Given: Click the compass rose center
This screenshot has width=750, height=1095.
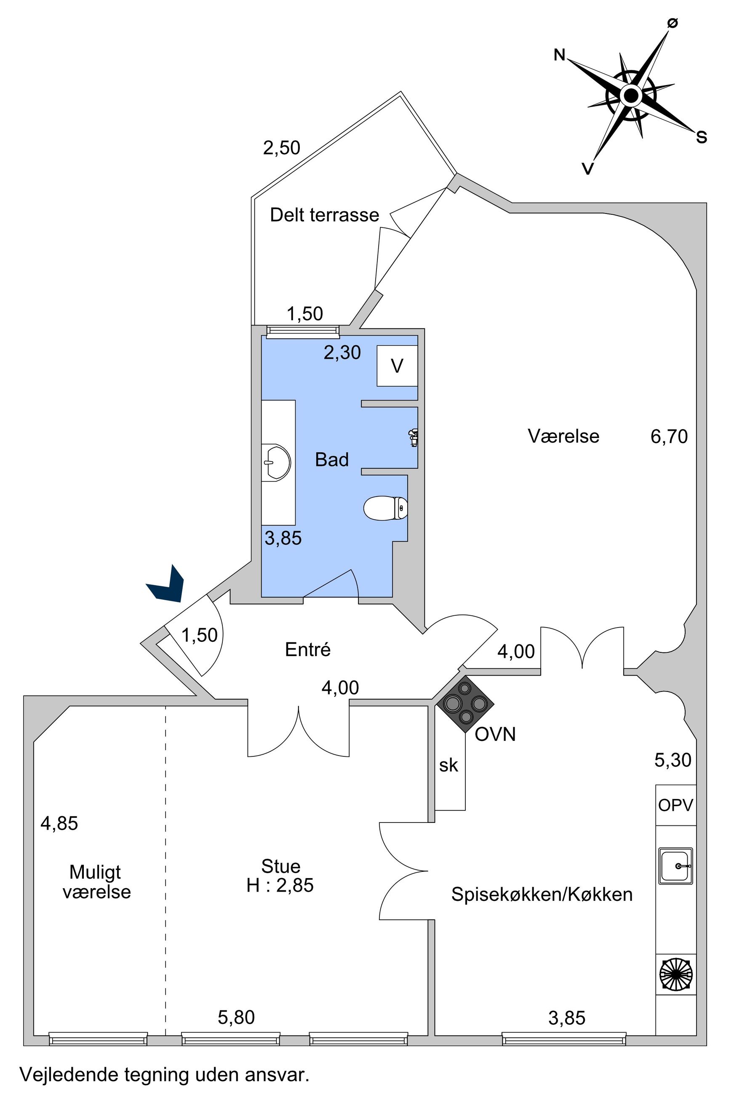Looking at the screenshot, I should pos(630,96).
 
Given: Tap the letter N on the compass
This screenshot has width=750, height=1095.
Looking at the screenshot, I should pos(559,56).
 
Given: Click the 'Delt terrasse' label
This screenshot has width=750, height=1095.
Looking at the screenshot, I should pos(324,215).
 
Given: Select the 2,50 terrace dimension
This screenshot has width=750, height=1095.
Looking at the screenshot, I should pos(281,148).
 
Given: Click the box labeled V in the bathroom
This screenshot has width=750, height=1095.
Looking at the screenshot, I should pos(397,366).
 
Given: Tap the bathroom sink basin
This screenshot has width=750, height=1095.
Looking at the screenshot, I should pos(277,462).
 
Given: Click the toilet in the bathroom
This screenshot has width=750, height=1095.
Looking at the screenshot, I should pos(385,508).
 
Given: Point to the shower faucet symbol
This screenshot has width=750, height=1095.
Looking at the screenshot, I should pos(413,437).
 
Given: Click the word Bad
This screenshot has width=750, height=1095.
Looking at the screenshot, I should pos(332,460).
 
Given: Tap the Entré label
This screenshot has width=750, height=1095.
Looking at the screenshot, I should pos(308,650).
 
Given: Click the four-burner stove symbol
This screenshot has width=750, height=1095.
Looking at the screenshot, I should pos(465,703).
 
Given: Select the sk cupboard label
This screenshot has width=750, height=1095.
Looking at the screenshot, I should pos(448,766).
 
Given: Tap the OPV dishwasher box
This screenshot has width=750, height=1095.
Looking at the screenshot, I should pos(675,805).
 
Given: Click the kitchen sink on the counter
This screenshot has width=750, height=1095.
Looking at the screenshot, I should pos(675,865).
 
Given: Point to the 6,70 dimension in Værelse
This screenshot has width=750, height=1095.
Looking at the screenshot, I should pos(669,437).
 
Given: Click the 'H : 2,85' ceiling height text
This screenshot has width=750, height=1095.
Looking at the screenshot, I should pos(280,885).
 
